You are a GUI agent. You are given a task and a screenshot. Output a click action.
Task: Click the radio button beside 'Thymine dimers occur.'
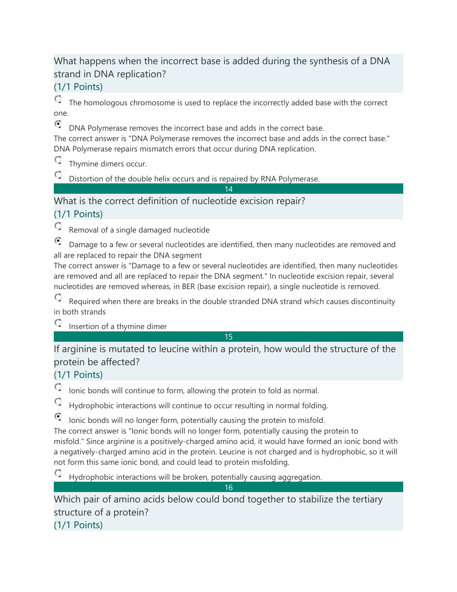tap(58, 160)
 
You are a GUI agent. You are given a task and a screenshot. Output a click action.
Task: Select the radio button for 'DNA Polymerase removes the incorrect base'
tap(58, 124)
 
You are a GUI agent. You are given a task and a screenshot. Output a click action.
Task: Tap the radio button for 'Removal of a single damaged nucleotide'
tap(58, 226)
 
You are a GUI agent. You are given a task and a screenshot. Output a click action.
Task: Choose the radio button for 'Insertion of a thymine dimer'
tap(58, 323)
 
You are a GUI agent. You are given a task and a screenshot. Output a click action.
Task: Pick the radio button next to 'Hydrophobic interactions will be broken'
tap(58, 473)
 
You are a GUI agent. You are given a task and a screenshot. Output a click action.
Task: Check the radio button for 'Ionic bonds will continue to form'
tap(58, 387)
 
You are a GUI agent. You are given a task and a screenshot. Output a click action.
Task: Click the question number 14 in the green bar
tap(228, 189)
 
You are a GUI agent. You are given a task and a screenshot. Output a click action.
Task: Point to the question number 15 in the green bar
tap(228, 337)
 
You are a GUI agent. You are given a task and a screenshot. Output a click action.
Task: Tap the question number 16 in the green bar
tap(228, 487)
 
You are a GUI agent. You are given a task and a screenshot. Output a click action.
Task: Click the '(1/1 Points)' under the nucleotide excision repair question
tap(78, 214)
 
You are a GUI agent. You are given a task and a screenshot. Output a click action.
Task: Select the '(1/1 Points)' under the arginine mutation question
tap(78, 375)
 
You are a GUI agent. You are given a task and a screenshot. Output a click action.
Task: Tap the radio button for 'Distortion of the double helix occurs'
tap(58, 175)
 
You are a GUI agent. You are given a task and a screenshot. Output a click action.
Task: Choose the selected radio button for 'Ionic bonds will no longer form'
tap(58, 416)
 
